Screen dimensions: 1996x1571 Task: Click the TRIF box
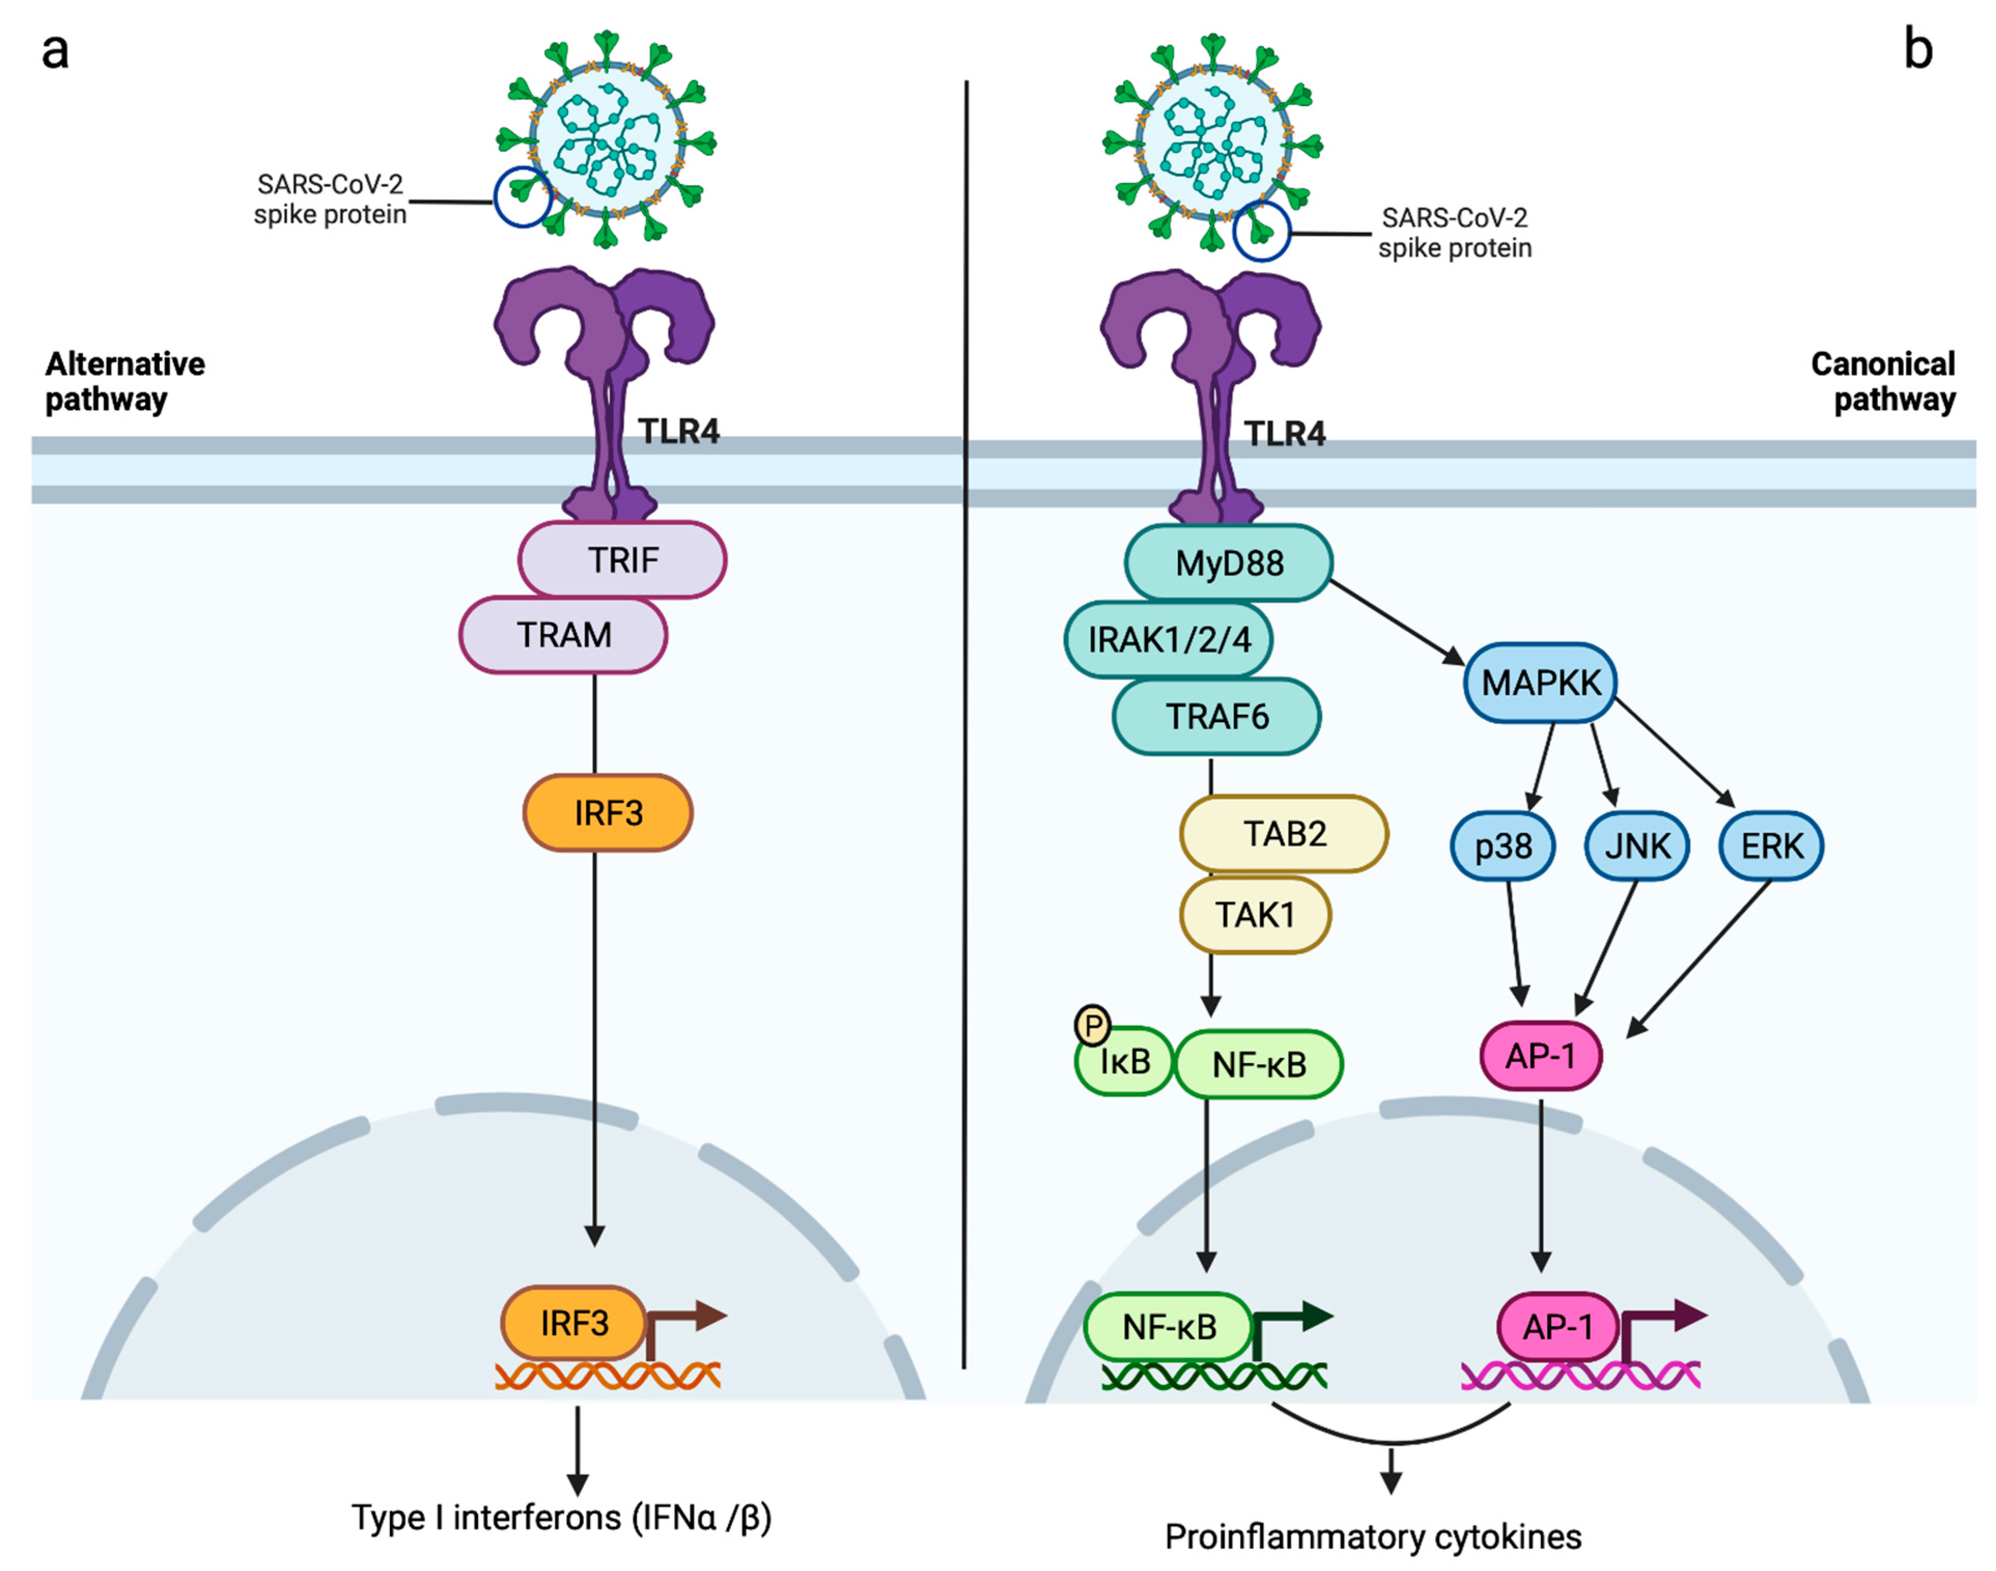pos(623,559)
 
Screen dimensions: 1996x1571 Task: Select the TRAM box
pos(563,634)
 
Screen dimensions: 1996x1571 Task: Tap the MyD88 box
pos(1229,563)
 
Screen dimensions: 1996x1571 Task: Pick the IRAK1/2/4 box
pos(1168,639)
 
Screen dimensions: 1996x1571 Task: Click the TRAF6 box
pos(1217,716)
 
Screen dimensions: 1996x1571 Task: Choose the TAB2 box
pos(1284,833)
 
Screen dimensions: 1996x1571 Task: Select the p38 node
pos(1503,845)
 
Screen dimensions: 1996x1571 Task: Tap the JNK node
pos(1637,845)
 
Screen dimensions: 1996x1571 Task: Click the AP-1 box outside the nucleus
pos(1541,1056)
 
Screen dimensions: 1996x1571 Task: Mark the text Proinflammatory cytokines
pos(1373,1537)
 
